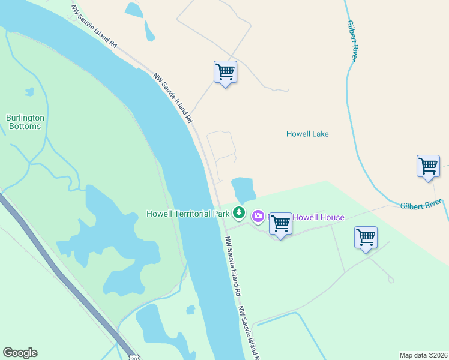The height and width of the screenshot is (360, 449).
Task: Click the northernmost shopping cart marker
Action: click(225, 73)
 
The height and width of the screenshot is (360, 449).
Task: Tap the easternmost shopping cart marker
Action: click(428, 166)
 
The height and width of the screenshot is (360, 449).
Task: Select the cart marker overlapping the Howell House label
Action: click(280, 224)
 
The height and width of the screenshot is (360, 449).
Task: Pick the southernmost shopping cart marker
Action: click(366, 238)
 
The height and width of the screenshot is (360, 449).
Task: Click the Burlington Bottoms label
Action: click(24, 122)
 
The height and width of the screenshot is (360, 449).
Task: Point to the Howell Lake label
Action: click(307, 134)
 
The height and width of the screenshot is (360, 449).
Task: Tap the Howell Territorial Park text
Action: click(188, 213)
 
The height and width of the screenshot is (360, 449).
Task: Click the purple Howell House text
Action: click(318, 217)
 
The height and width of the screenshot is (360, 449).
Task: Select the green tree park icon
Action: click(239, 212)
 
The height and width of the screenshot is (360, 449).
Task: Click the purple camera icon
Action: click(258, 216)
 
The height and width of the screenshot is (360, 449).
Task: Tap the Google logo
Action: click(20, 353)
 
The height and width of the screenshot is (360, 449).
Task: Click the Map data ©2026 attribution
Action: click(423, 355)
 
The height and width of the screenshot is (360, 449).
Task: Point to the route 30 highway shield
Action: click(133, 356)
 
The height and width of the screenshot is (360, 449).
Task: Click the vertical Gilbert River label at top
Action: click(352, 40)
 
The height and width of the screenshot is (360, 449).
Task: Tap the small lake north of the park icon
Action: click(243, 190)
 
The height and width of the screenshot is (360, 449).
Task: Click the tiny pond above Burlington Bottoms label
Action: click(29, 92)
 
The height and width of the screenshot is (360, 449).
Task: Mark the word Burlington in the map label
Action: click(24, 118)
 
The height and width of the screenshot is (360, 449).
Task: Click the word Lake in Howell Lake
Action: click(319, 134)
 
